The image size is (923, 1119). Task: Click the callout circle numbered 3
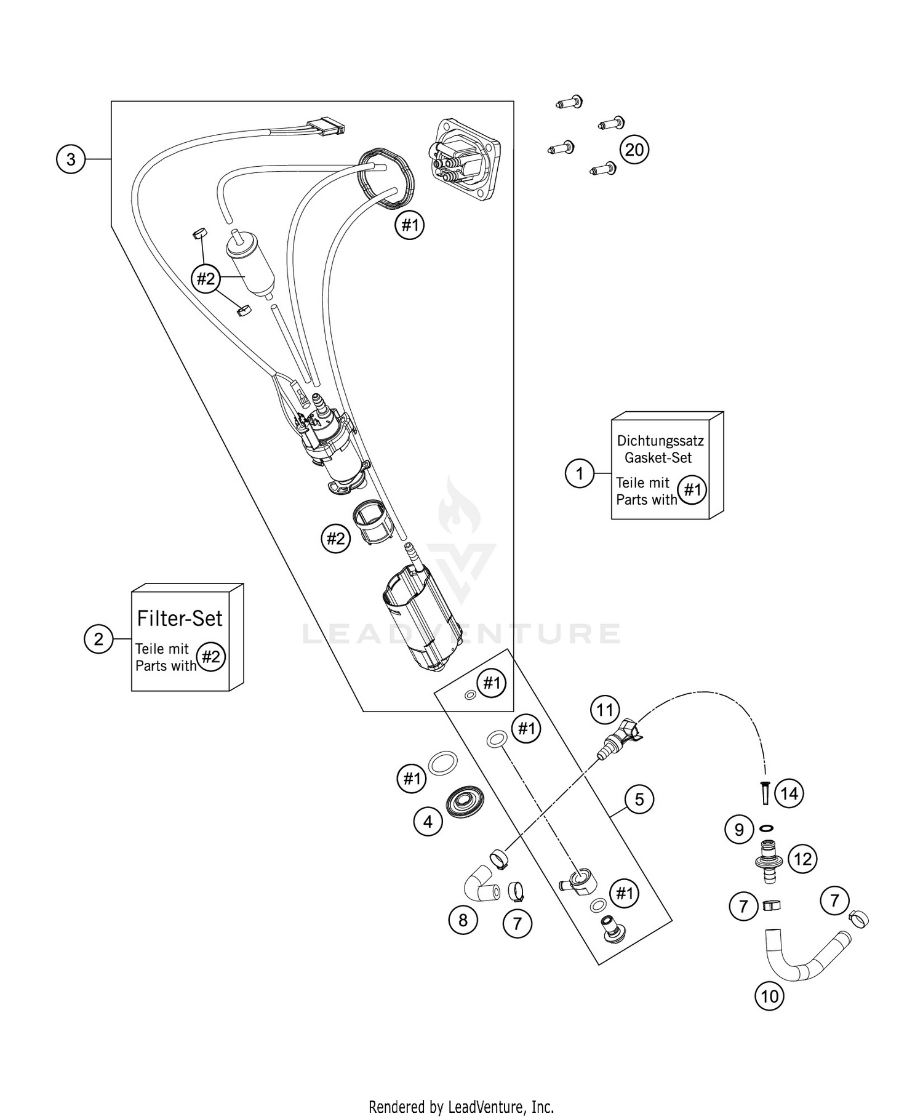pos(71,159)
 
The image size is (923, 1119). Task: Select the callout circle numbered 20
pos(634,150)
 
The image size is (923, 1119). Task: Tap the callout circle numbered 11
pos(605,710)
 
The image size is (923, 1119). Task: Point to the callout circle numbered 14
pos(789,794)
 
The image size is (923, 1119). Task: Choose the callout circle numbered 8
pos(463,920)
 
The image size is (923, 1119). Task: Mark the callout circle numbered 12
pos(802,859)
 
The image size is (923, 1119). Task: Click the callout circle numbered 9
pos(739,830)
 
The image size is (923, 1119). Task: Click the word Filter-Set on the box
pos(180,618)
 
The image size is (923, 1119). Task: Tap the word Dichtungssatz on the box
pos(660,441)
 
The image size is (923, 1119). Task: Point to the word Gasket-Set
pos(658,457)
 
